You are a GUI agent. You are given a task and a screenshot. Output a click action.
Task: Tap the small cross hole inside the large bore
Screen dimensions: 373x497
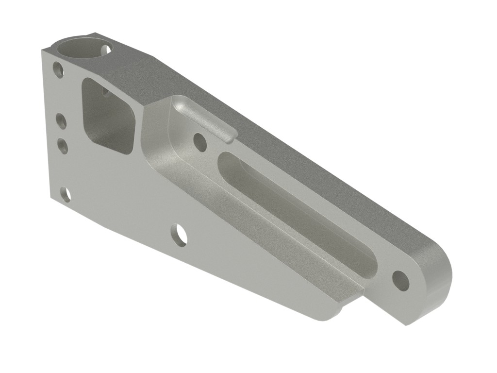point(105,49)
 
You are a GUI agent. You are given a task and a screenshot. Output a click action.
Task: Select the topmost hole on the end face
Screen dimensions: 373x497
point(58,69)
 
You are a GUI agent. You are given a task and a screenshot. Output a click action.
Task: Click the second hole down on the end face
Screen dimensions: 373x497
point(61,121)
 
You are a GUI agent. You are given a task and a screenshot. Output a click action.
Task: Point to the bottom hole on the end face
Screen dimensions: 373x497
point(66,194)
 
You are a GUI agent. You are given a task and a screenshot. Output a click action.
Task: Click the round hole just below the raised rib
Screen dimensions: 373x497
point(199,141)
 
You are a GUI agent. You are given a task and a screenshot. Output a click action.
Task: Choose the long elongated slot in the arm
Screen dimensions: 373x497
point(296,209)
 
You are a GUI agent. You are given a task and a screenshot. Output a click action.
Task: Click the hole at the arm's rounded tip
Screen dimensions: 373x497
point(400,280)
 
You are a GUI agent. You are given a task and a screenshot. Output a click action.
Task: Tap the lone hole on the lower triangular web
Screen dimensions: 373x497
point(179,235)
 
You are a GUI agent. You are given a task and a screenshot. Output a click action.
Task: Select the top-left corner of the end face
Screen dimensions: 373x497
point(43,51)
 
